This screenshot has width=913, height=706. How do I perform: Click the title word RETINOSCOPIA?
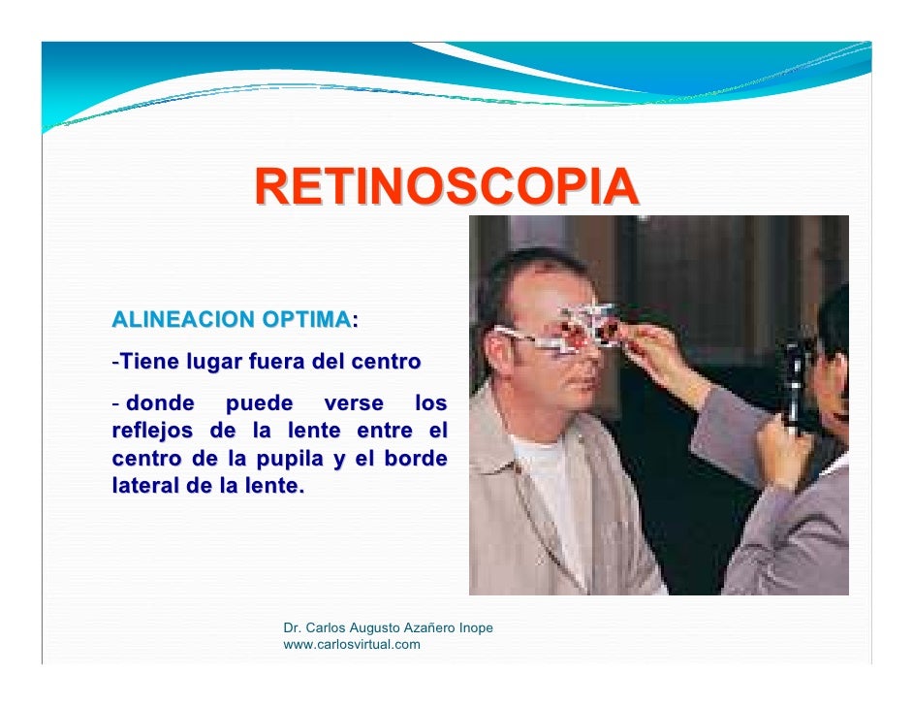447,187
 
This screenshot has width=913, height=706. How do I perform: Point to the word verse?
353,402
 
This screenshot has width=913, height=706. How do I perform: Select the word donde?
160,402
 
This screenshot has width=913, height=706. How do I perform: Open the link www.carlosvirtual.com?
351,644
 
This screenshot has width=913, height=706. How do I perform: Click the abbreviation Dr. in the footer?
292,628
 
